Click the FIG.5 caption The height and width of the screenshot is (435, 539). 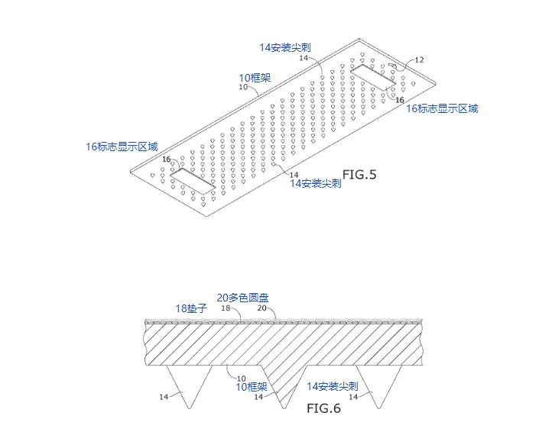pyautogui.click(x=359, y=175)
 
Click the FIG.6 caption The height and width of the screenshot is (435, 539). pyautogui.click(x=323, y=408)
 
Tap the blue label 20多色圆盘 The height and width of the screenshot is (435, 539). pyautogui.click(x=242, y=298)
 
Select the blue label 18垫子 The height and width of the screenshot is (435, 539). pyautogui.click(x=191, y=308)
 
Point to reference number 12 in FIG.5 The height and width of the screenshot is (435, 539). pyautogui.click(x=418, y=60)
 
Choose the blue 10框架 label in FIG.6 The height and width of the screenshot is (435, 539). pyautogui.click(x=252, y=387)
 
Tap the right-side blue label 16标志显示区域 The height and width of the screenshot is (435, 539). pyautogui.click(x=442, y=109)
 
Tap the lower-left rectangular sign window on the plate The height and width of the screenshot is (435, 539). pyautogui.click(x=192, y=180)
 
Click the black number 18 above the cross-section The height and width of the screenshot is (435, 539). pyautogui.click(x=226, y=308)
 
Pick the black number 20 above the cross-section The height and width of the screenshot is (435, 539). pyautogui.click(x=261, y=308)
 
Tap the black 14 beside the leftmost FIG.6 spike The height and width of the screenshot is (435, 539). pyautogui.click(x=164, y=397)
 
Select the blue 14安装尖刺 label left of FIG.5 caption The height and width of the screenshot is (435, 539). pyautogui.click(x=315, y=183)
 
